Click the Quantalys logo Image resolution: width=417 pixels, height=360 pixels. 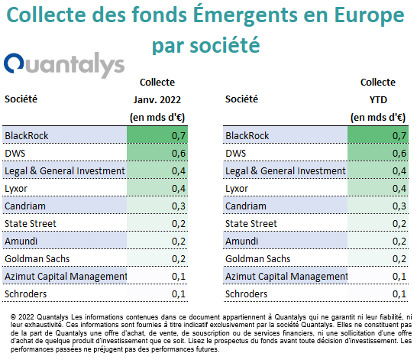pyautogui.click(x=64, y=65)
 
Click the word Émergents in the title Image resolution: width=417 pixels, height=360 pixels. pyautogui.click(x=245, y=14)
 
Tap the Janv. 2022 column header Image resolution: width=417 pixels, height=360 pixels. pyautogui.click(x=157, y=100)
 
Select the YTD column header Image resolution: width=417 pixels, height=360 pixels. pyautogui.click(x=378, y=100)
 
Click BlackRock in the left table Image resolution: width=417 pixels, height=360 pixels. pyautogui.click(x=27, y=136)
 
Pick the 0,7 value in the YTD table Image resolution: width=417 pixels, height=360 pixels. pyautogui.click(x=399, y=136)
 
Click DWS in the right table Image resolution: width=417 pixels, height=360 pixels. pyautogui.click(x=236, y=154)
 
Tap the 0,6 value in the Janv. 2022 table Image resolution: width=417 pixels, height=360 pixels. pyautogui.click(x=179, y=154)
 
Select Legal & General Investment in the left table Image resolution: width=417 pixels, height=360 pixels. pyautogui.click(x=65, y=170)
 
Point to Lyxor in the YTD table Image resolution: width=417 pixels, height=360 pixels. pyautogui.click(x=237, y=189)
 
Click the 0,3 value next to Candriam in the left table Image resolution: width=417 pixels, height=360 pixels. pyautogui.click(x=179, y=206)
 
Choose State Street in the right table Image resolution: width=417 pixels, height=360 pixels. pyautogui.click(x=251, y=223)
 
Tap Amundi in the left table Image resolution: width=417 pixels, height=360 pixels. pyautogui.click(x=21, y=241)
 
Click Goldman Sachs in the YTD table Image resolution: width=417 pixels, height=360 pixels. pyautogui.click(x=257, y=258)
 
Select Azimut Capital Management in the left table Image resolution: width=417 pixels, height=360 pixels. pyautogui.click(x=66, y=277)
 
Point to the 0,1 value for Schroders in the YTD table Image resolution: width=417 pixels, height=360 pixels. pyautogui.click(x=399, y=294)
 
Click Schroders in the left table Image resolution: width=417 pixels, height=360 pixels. pyautogui.click(x=25, y=294)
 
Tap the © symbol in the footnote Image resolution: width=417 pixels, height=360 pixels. pyautogui.click(x=13, y=317)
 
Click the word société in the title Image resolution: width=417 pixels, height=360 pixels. pyautogui.click(x=225, y=45)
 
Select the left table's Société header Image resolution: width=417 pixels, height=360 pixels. pyautogui.click(x=21, y=99)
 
